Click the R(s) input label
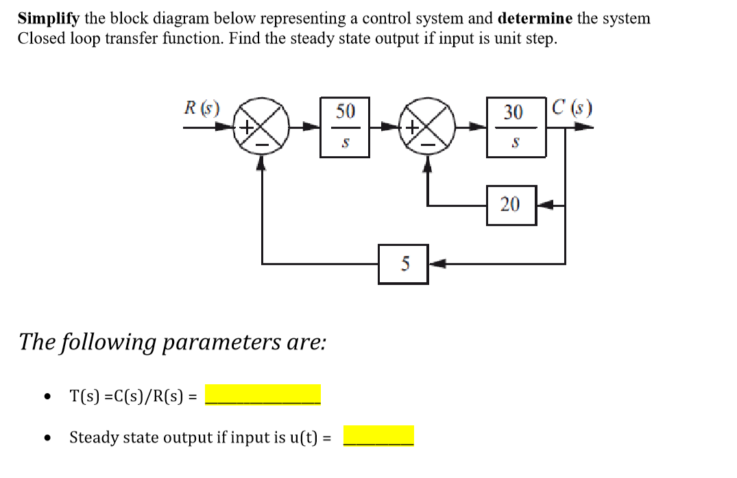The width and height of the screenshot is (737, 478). (x=202, y=108)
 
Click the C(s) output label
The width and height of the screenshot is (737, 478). (x=572, y=108)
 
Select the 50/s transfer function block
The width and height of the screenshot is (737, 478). (x=345, y=127)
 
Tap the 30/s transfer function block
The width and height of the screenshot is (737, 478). (x=513, y=127)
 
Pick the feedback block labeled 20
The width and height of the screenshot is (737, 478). (x=511, y=204)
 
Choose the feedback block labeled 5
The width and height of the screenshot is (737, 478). (x=403, y=264)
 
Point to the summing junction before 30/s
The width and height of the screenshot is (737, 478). (x=428, y=127)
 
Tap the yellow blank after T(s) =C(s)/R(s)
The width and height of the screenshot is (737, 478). (x=263, y=395)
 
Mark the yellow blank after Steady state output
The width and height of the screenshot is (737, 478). (x=378, y=436)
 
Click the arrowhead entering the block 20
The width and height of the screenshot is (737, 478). (x=543, y=204)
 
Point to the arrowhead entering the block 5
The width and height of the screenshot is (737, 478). (x=436, y=264)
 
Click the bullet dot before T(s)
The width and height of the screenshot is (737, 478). (x=46, y=397)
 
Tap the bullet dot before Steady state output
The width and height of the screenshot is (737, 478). (x=46, y=437)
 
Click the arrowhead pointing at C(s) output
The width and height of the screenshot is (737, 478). (x=582, y=127)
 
